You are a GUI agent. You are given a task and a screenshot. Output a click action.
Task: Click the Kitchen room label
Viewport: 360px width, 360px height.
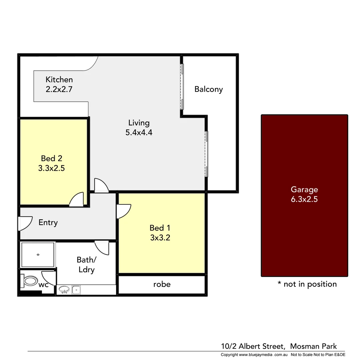(x=59, y=80)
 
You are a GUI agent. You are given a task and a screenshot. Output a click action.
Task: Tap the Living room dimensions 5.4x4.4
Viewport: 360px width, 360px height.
(x=139, y=132)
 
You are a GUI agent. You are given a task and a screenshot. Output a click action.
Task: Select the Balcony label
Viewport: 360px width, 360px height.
(x=208, y=89)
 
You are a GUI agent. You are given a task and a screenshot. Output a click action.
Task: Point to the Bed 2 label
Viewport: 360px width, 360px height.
(x=51, y=158)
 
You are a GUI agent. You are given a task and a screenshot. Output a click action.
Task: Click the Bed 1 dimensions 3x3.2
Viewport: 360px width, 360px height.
(x=160, y=238)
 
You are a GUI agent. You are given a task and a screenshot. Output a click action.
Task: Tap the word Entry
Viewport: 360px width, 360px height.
(x=48, y=223)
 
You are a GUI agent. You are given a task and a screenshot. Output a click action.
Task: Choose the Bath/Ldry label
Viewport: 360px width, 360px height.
(x=86, y=264)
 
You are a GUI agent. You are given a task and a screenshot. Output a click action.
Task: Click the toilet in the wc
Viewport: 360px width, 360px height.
(x=29, y=281)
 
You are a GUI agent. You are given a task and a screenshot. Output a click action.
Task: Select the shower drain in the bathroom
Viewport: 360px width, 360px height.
(x=38, y=255)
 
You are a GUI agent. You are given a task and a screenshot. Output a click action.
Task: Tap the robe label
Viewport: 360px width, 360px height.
(x=162, y=284)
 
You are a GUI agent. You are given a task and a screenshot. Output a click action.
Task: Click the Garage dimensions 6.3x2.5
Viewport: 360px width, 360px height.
(x=304, y=200)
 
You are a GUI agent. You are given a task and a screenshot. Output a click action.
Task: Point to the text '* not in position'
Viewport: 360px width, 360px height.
(x=307, y=284)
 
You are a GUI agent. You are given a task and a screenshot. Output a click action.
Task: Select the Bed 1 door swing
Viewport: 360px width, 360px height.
(x=124, y=211)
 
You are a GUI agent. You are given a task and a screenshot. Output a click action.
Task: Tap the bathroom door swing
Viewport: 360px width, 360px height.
(x=102, y=247)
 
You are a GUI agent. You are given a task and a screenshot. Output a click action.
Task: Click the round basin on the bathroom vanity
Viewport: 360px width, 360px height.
(x=64, y=290)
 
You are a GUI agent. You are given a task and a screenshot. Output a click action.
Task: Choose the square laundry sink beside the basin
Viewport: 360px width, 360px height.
(x=76, y=290)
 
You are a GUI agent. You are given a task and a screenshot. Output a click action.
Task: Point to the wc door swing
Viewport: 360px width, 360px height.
(x=48, y=278)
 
